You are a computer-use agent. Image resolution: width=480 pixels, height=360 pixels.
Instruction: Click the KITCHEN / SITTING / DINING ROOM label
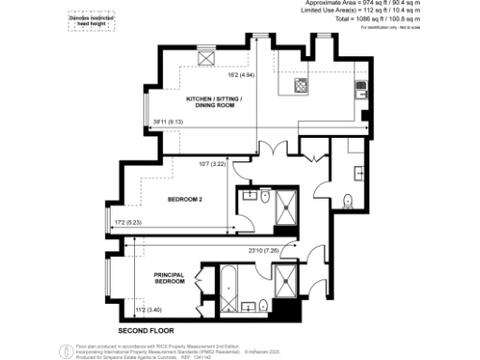(215, 104)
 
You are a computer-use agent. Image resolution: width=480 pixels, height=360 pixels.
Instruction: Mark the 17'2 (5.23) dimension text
(128, 222)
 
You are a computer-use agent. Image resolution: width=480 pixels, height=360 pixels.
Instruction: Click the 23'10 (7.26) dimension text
(262, 248)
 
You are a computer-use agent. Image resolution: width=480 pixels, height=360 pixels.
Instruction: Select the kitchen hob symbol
(301, 86)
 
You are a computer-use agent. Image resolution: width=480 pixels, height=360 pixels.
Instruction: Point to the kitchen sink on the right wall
(360, 90)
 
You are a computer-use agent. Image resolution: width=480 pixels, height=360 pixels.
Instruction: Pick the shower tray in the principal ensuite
(284, 278)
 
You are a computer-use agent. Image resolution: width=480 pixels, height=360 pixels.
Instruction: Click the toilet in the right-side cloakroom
(348, 199)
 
